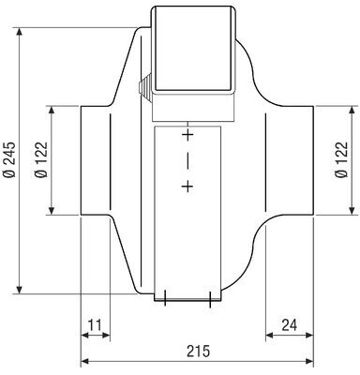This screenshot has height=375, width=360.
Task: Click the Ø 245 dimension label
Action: pos(9,159)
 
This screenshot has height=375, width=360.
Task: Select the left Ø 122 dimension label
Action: pos(40,159)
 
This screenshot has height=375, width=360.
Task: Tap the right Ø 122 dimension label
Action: pos(341,159)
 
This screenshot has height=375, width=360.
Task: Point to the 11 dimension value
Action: pos(94,325)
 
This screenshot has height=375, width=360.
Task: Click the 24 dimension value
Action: pos(290,325)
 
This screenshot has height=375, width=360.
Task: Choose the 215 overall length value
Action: pos(199,351)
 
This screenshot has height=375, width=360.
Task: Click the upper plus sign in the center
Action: pos(187,135)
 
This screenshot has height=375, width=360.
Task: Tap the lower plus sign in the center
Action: pos(187,187)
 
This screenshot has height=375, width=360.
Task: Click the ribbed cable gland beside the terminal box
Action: pos(144,87)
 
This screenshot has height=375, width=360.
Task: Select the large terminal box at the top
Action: pos(193,50)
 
